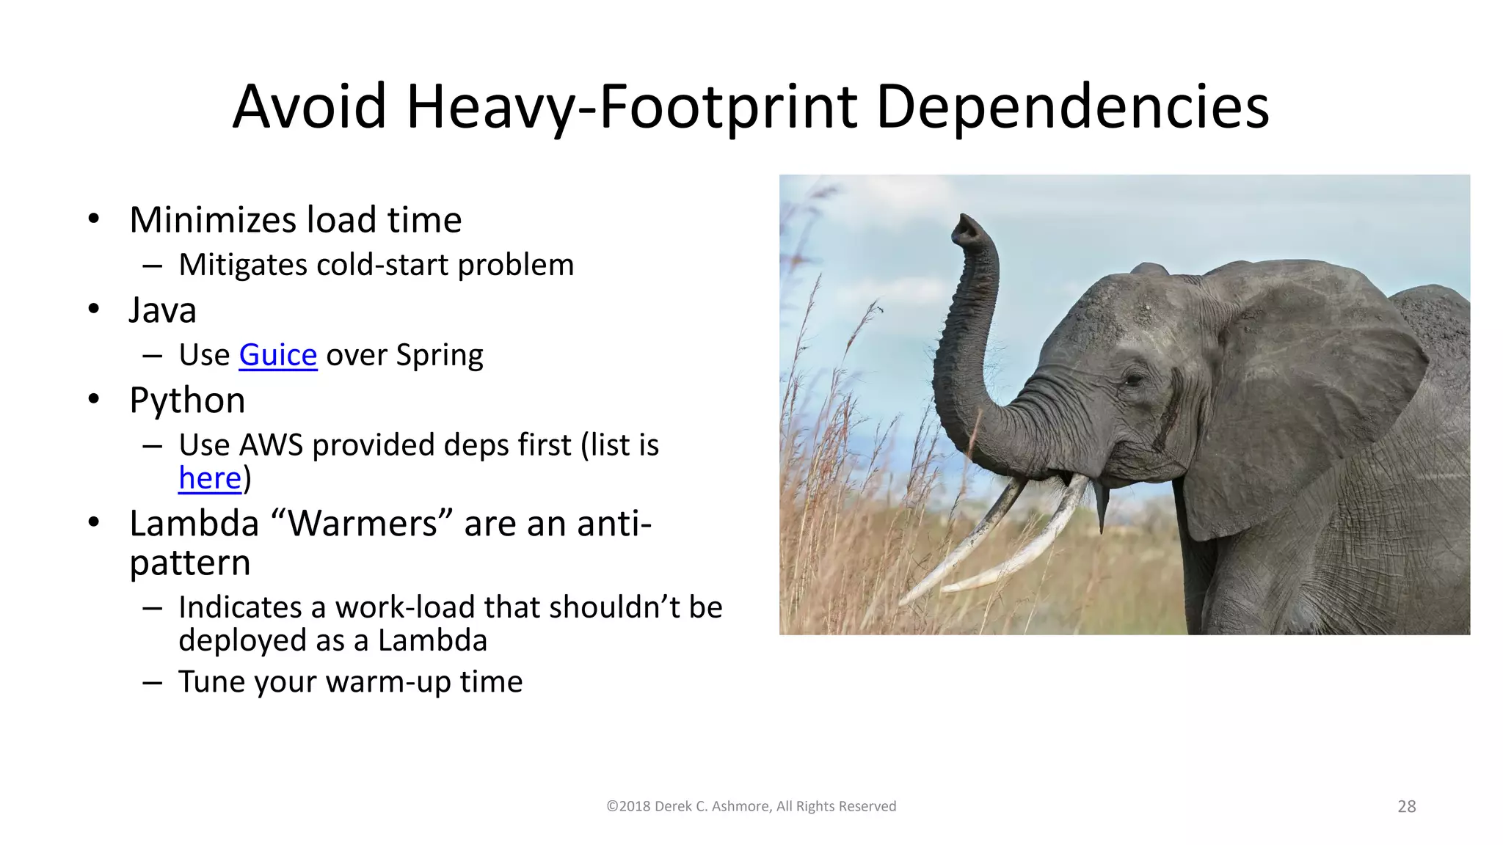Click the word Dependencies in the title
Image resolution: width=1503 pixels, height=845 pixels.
coord(1072,107)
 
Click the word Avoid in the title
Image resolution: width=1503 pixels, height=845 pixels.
coord(309,107)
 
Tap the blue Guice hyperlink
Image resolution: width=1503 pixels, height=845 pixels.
coord(278,355)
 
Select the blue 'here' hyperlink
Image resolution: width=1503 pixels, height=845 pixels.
coord(210,478)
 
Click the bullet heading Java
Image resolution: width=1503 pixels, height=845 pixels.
coord(163,310)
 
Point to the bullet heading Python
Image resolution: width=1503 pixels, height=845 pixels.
coord(187,400)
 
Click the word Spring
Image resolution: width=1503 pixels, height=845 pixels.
coord(440,355)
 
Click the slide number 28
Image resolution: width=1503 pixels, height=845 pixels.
coord(1406,806)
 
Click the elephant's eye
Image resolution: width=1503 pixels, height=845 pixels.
coord(1134,379)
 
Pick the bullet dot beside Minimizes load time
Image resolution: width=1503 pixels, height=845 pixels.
coord(93,219)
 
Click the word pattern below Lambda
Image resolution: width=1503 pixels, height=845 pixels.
coord(190,563)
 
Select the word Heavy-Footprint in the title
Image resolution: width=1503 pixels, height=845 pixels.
coord(632,107)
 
